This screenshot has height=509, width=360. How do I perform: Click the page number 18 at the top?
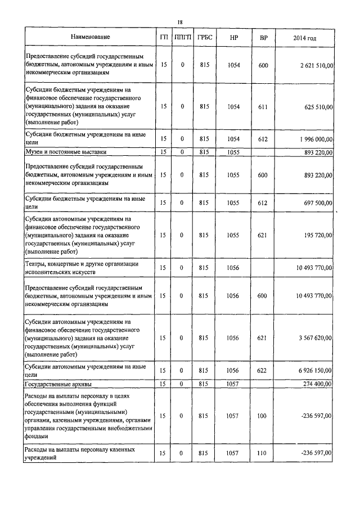tap(180, 22)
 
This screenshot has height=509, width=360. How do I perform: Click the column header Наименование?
tap(90, 37)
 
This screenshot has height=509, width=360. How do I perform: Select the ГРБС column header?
tap(204, 37)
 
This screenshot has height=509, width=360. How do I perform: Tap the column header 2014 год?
tap(304, 38)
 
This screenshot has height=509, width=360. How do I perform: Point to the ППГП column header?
tap(182, 37)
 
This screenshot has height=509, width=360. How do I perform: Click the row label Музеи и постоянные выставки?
tap(66, 152)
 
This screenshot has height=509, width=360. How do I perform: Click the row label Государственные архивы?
tap(59, 384)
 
